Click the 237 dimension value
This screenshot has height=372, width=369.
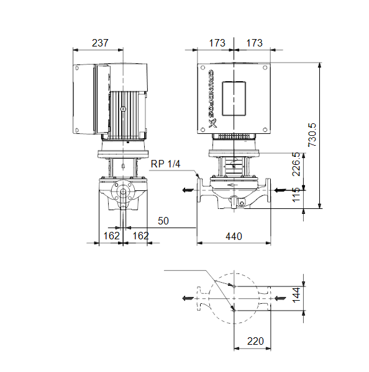click(100, 43)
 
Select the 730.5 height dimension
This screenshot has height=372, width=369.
click(312, 135)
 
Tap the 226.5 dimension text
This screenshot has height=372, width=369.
click(296, 164)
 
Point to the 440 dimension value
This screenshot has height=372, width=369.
click(234, 236)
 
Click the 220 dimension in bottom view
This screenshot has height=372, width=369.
click(255, 341)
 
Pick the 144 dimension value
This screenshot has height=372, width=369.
click(296, 295)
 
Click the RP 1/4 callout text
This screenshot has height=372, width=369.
click(165, 164)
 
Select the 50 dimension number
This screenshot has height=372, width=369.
click(163, 221)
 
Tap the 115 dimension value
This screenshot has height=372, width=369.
click(296, 195)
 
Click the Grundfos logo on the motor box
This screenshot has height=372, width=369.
click(212, 99)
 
